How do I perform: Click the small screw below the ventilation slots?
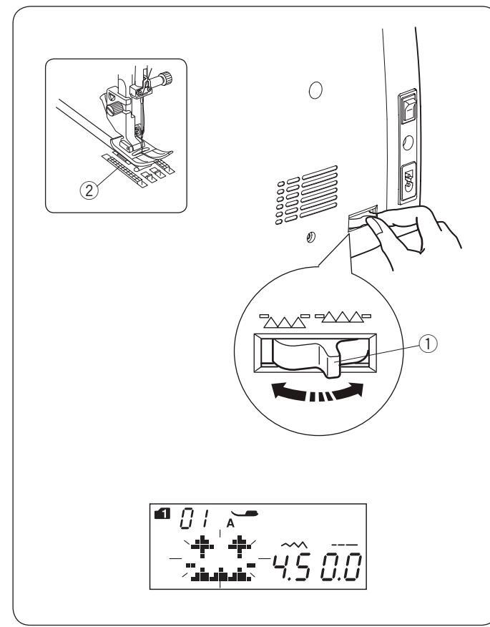pos(309,235)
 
